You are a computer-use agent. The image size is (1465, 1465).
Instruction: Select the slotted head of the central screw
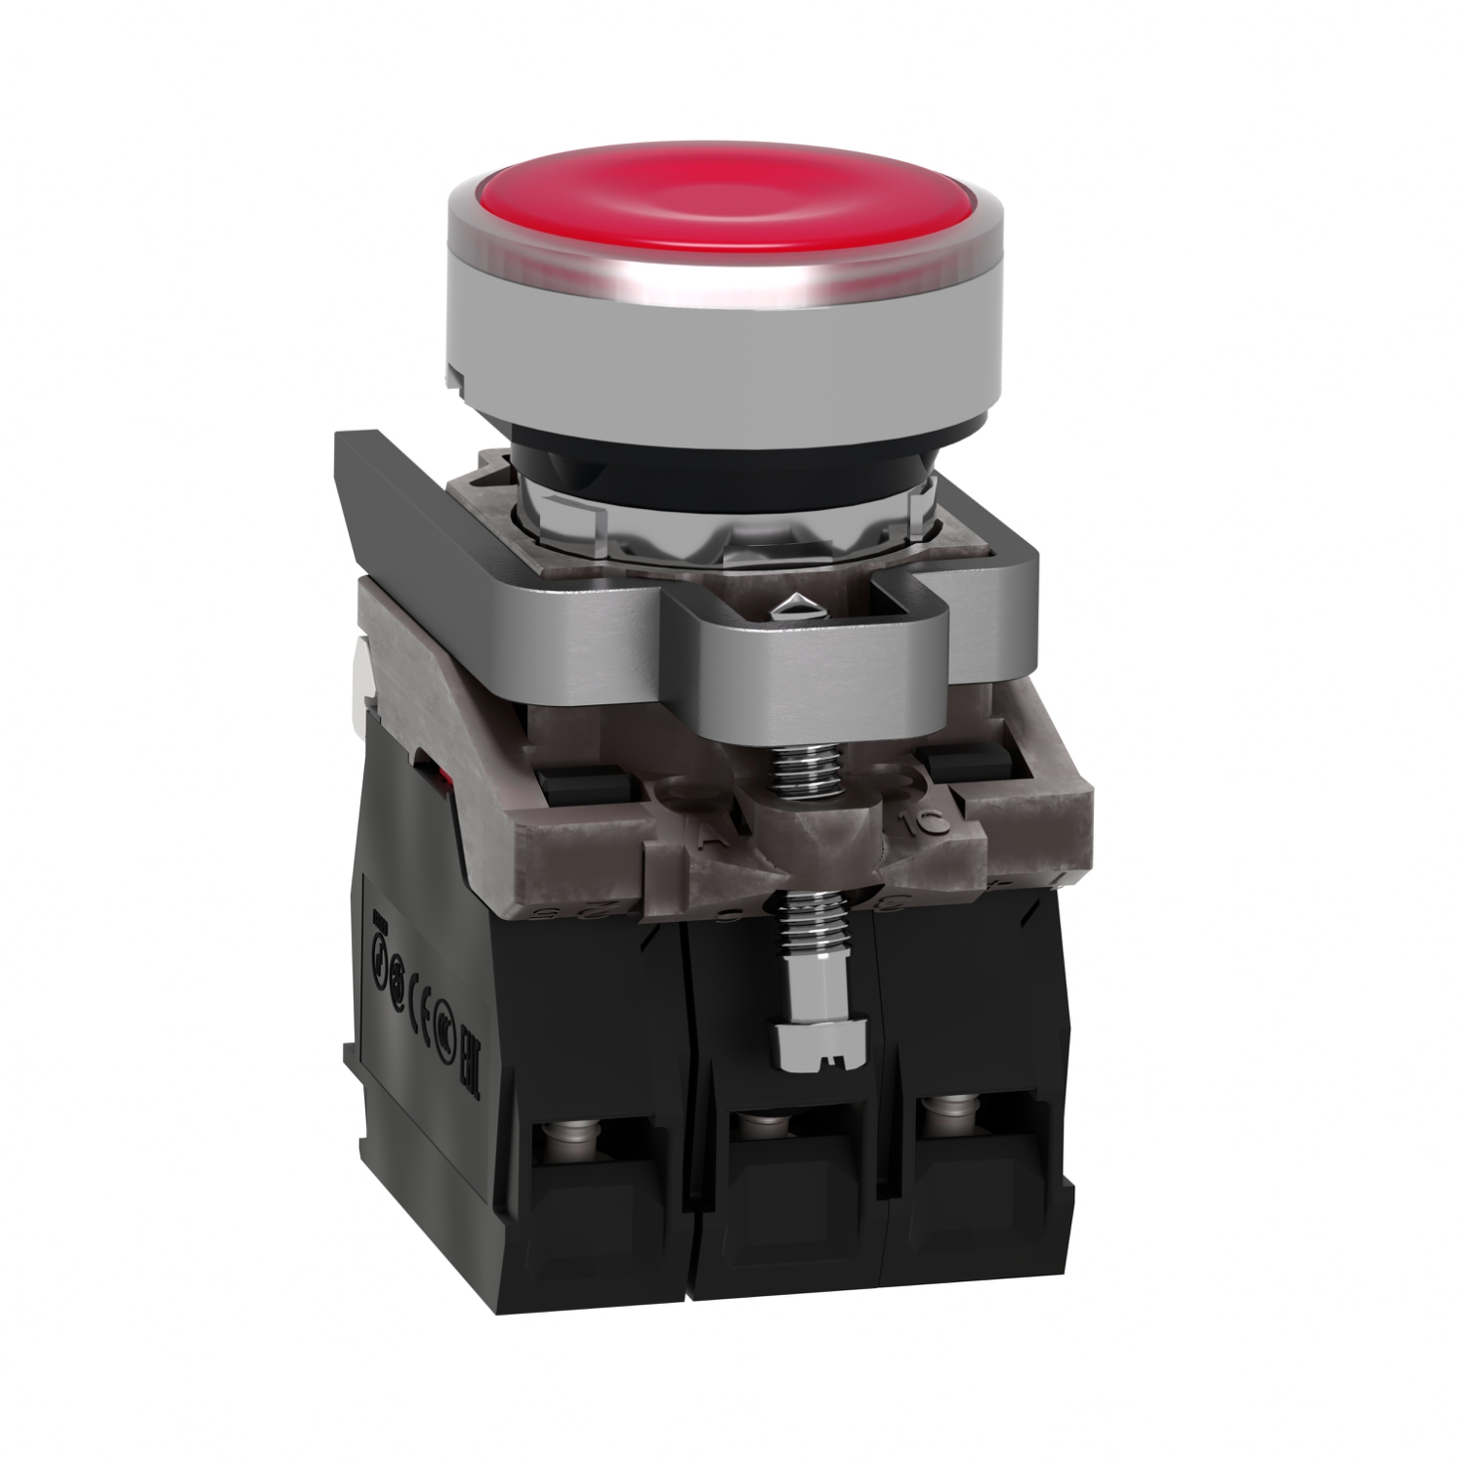tap(807, 1045)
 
